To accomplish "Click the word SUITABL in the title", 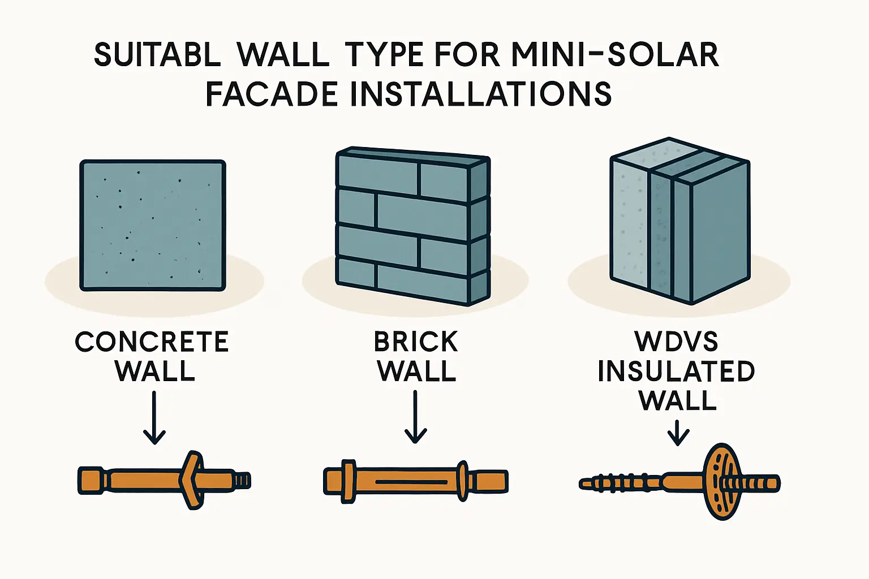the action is (x=157, y=55).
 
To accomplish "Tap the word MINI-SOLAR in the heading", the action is (x=615, y=55).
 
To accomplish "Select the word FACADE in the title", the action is (x=272, y=94).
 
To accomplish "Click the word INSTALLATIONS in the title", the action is (x=481, y=94).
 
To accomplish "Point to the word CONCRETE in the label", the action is (x=152, y=342).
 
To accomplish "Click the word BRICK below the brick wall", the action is (x=416, y=342).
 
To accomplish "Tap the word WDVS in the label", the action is (x=676, y=342).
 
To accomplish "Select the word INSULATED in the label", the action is (x=676, y=371).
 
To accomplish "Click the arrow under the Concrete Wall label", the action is (x=154, y=417).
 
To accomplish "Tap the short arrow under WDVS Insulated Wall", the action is (x=678, y=433).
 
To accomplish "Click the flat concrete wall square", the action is (x=152, y=225).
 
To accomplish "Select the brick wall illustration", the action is (x=413, y=226).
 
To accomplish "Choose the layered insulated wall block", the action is (x=679, y=221).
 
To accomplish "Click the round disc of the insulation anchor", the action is (x=719, y=481).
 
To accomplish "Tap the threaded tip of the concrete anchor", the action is (x=243, y=481).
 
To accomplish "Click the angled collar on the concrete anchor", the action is (x=191, y=480).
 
